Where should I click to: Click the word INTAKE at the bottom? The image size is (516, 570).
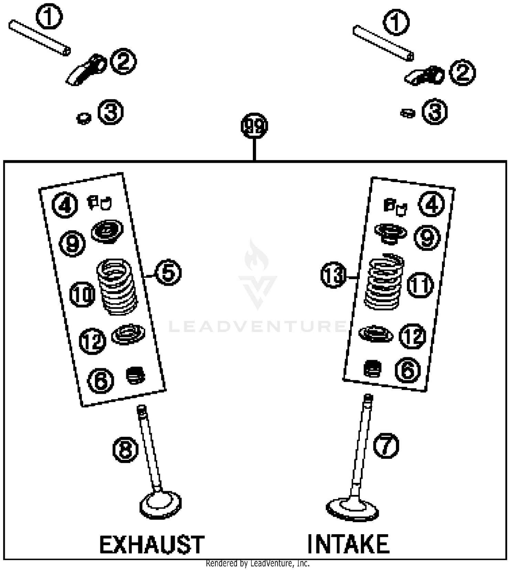tap(348, 544)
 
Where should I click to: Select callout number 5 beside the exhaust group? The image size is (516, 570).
tap(168, 273)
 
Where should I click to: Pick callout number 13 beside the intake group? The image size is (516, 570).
tap(333, 275)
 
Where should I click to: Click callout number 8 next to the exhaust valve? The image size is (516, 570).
tap(126, 449)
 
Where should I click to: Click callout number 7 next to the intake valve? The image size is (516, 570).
tap(386, 445)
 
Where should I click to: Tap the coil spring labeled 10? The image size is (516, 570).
tap(117, 286)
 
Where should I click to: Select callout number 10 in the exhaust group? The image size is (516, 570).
tap(83, 294)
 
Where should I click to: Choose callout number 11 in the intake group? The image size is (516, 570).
tap(420, 285)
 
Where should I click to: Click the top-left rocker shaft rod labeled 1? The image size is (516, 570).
tap(40, 37)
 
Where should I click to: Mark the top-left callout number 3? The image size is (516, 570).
tap(110, 112)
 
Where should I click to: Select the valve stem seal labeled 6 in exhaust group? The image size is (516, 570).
tap(136, 375)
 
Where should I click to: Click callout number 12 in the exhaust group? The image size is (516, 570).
tap(93, 341)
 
